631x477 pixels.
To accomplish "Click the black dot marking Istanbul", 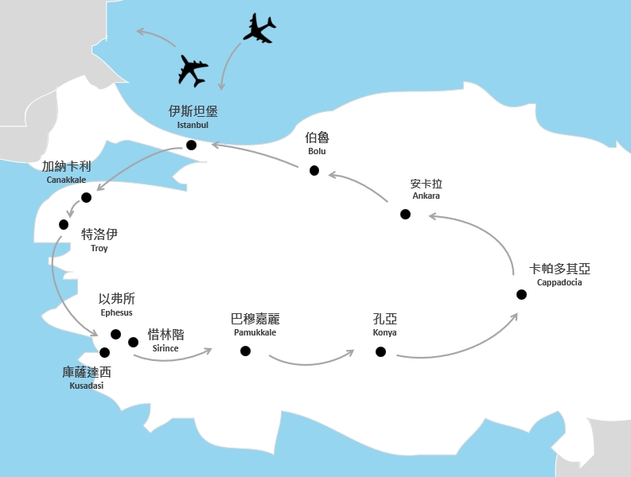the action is pos(191,145).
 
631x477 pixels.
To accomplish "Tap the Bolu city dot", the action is pos(314,171).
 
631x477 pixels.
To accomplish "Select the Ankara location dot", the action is pos(405,214).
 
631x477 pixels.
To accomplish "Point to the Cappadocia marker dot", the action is pos(521,294).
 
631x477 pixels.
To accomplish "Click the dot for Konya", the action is pos(380,352).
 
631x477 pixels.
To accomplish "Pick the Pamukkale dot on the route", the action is pos(245,351).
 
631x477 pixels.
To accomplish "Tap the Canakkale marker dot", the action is pos(86,197).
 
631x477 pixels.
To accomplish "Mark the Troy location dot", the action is pos(64,224).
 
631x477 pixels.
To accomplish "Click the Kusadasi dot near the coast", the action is pos(104,353).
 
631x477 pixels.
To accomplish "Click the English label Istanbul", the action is pos(193,125).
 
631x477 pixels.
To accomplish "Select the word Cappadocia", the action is pos(559,282).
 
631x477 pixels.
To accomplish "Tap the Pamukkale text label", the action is pos(255,332).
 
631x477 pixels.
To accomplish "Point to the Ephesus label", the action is pos(116,312).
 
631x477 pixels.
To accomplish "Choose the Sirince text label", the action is pos(166,348).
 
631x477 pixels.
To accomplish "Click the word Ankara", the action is pos(427,196).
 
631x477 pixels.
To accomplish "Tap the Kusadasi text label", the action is pos(87,386).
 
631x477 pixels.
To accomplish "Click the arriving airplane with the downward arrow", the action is pos(259,28).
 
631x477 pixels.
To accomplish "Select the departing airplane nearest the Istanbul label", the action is pos(193,72).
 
